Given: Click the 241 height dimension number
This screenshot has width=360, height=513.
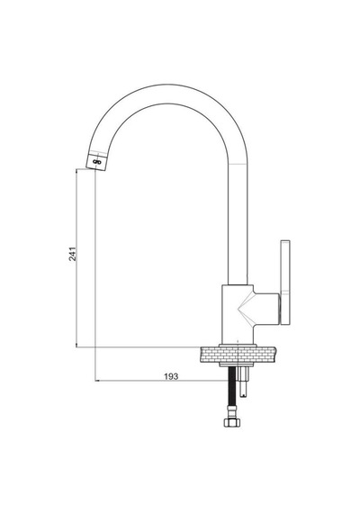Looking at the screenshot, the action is click(x=73, y=254).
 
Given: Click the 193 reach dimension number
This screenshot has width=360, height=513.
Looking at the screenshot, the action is click(x=171, y=376).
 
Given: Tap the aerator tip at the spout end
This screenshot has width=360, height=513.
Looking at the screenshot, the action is click(x=96, y=161).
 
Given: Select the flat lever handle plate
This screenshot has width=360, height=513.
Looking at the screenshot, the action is click(x=285, y=283).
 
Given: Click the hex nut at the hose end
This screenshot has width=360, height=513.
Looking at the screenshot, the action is click(x=232, y=422).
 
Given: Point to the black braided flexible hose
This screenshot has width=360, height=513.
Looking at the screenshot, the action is click(x=232, y=391).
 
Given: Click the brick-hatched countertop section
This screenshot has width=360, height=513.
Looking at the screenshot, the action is click(x=238, y=355).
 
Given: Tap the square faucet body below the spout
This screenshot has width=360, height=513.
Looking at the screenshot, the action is click(x=238, y=314).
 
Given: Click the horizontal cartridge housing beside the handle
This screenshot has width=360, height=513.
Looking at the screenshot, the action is click(x=266, y=309).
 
